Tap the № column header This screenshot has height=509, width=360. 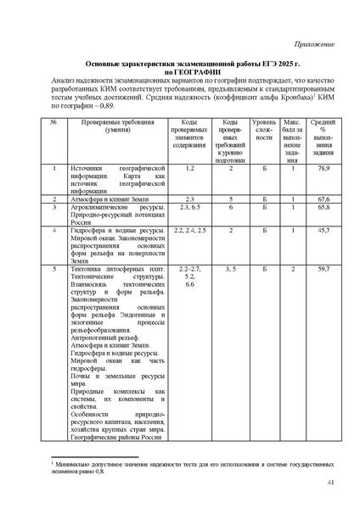[53, 125]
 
